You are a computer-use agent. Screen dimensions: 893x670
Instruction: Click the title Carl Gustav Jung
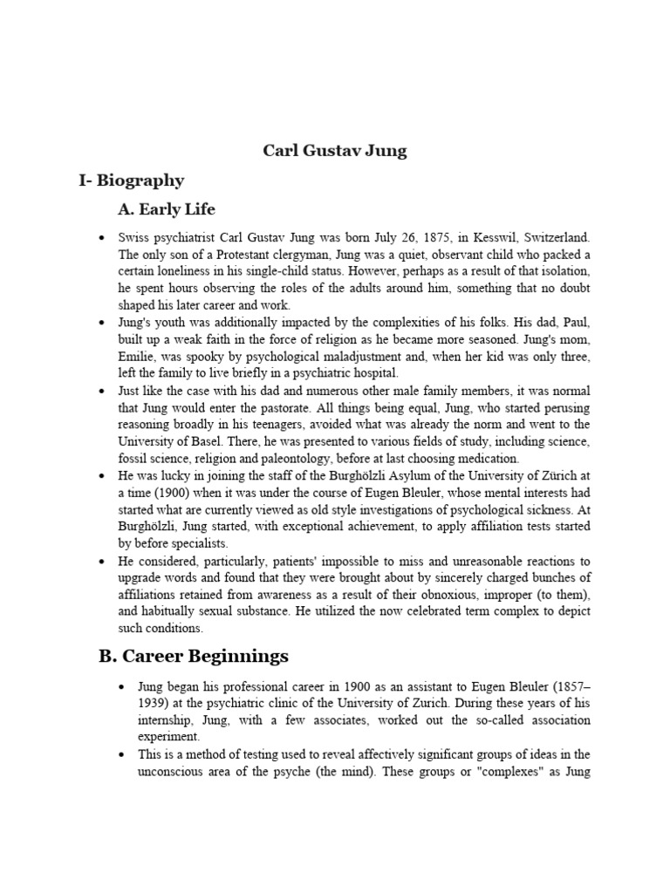(335, 151)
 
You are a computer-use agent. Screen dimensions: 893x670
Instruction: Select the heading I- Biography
(132, 181)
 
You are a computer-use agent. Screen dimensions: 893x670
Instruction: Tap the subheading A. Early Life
(167, 209)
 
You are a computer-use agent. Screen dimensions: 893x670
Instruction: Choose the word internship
(167, 720)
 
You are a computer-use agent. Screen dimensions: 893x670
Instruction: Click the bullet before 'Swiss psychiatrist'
(103, 238)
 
